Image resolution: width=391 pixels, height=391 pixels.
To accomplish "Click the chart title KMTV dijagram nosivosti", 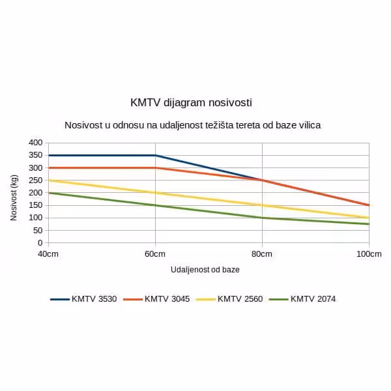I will point(191,103).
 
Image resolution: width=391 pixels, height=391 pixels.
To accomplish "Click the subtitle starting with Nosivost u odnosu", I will point(192,124).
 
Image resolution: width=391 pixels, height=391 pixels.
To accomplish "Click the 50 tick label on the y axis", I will point(37,230).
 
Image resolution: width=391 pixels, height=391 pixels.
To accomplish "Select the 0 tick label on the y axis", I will point(40,242).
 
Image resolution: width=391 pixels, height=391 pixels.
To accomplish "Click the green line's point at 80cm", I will point(262,218).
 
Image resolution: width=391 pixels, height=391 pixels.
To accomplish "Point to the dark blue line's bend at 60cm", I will point(155,155).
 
